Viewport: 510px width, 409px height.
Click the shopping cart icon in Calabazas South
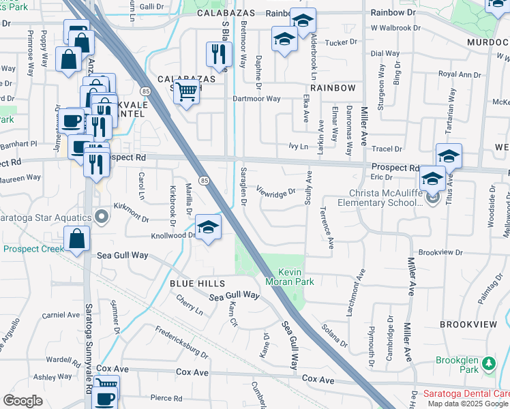click(x=186, y=90)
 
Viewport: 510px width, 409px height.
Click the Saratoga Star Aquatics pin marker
click(x=102, y=217)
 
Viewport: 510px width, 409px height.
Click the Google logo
click(x=22, y=401)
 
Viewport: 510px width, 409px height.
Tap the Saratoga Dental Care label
click(x=466, y=394)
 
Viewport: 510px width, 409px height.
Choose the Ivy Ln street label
click(x=299, y=146)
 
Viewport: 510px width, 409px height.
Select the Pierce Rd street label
click(x=166, y=398)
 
